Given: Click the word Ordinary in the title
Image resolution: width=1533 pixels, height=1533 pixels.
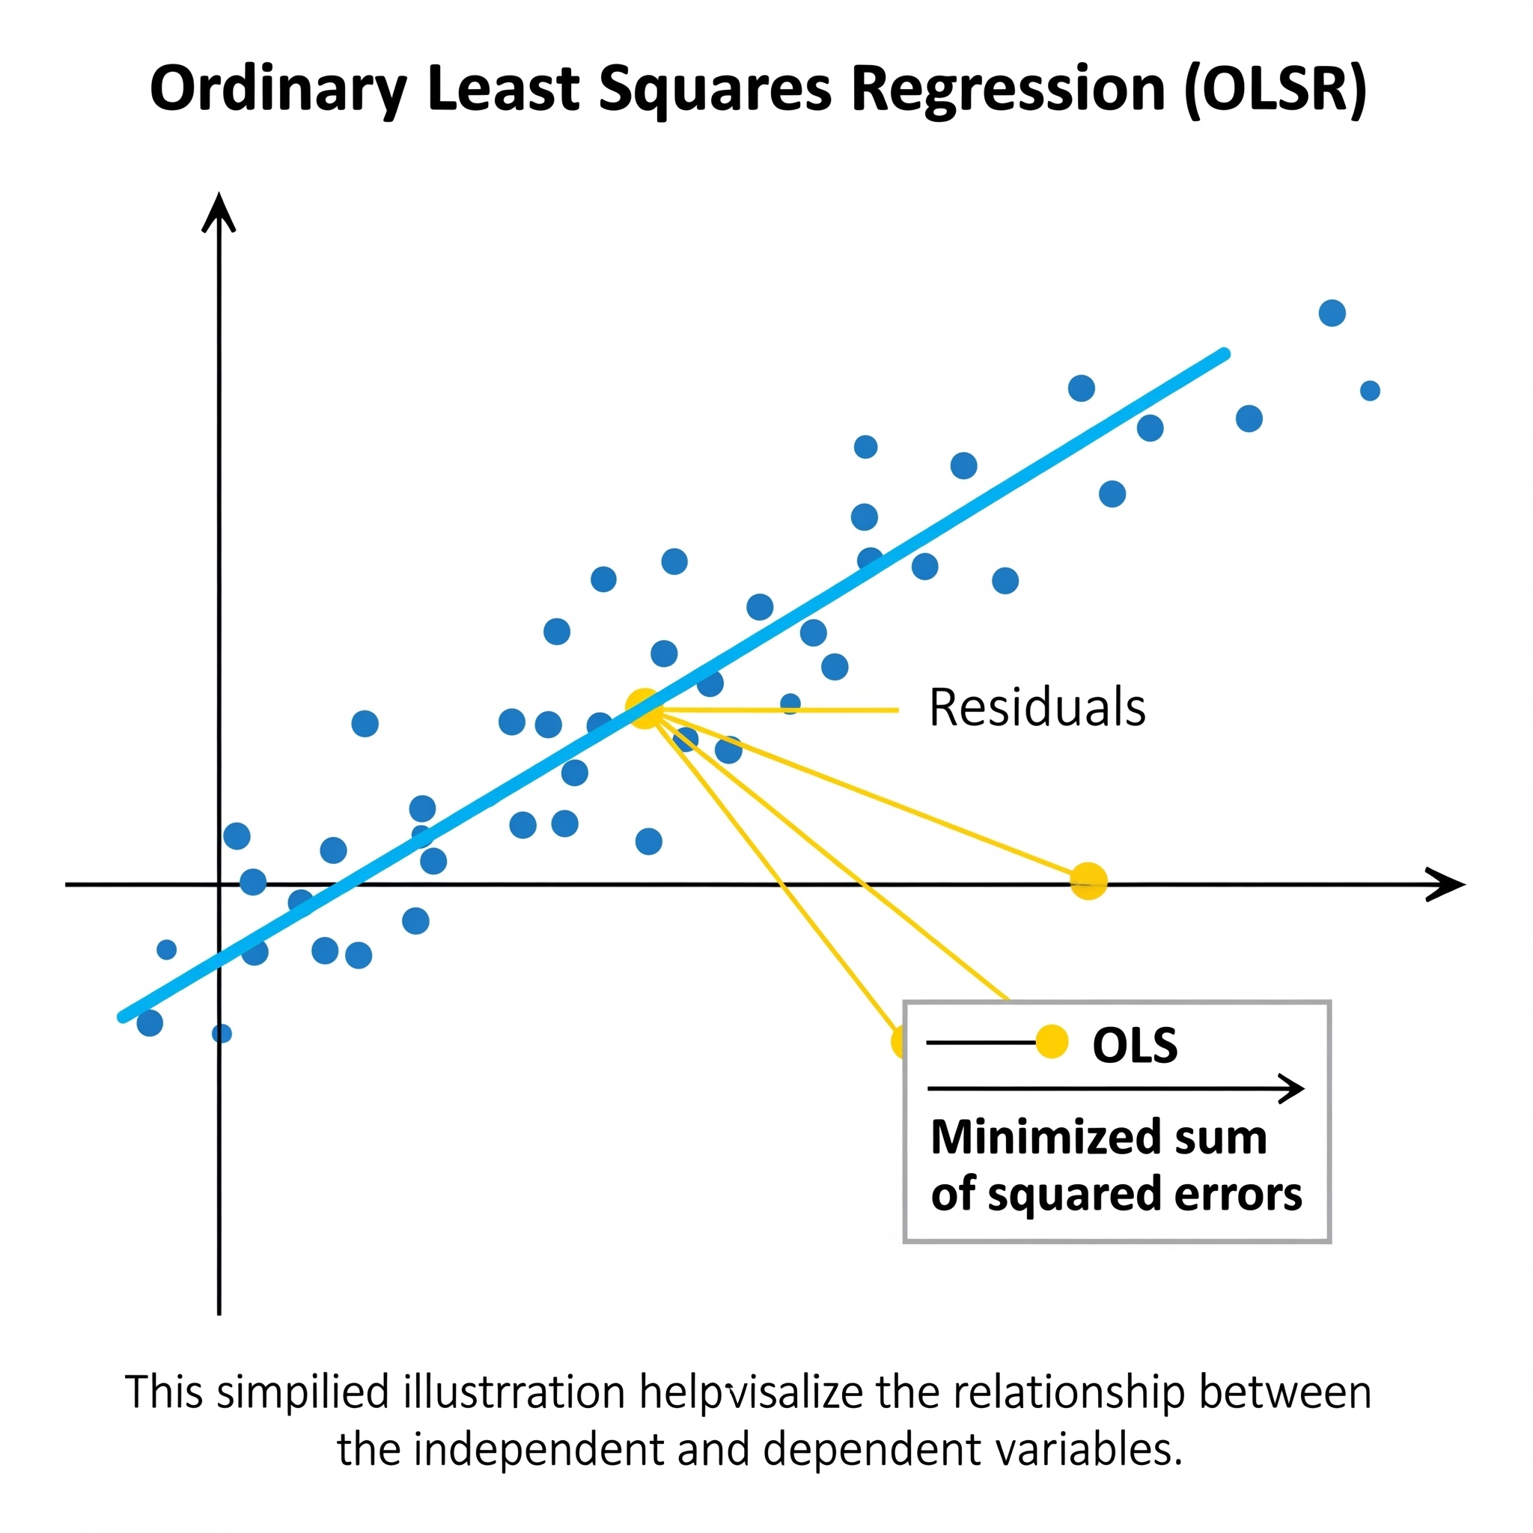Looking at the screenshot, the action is pos(278,90).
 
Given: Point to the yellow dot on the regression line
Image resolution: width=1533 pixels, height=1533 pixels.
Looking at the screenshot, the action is pos(644,709).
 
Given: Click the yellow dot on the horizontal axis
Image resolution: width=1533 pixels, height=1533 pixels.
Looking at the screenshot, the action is pos(1088,881).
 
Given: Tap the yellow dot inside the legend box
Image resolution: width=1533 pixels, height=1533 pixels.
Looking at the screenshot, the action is pos(1052,1042).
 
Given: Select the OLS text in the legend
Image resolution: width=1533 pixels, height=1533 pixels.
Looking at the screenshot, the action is pos(1135,1045).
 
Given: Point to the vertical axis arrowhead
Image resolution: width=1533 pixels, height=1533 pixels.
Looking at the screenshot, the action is pos(219,210).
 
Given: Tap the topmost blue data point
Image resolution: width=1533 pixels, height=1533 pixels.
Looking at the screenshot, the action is pos(1332,313).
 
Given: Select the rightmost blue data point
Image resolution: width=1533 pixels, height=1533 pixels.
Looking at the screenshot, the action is pos(1371,391).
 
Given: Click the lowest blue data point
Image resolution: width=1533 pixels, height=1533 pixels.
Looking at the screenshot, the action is pos(222,1033).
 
